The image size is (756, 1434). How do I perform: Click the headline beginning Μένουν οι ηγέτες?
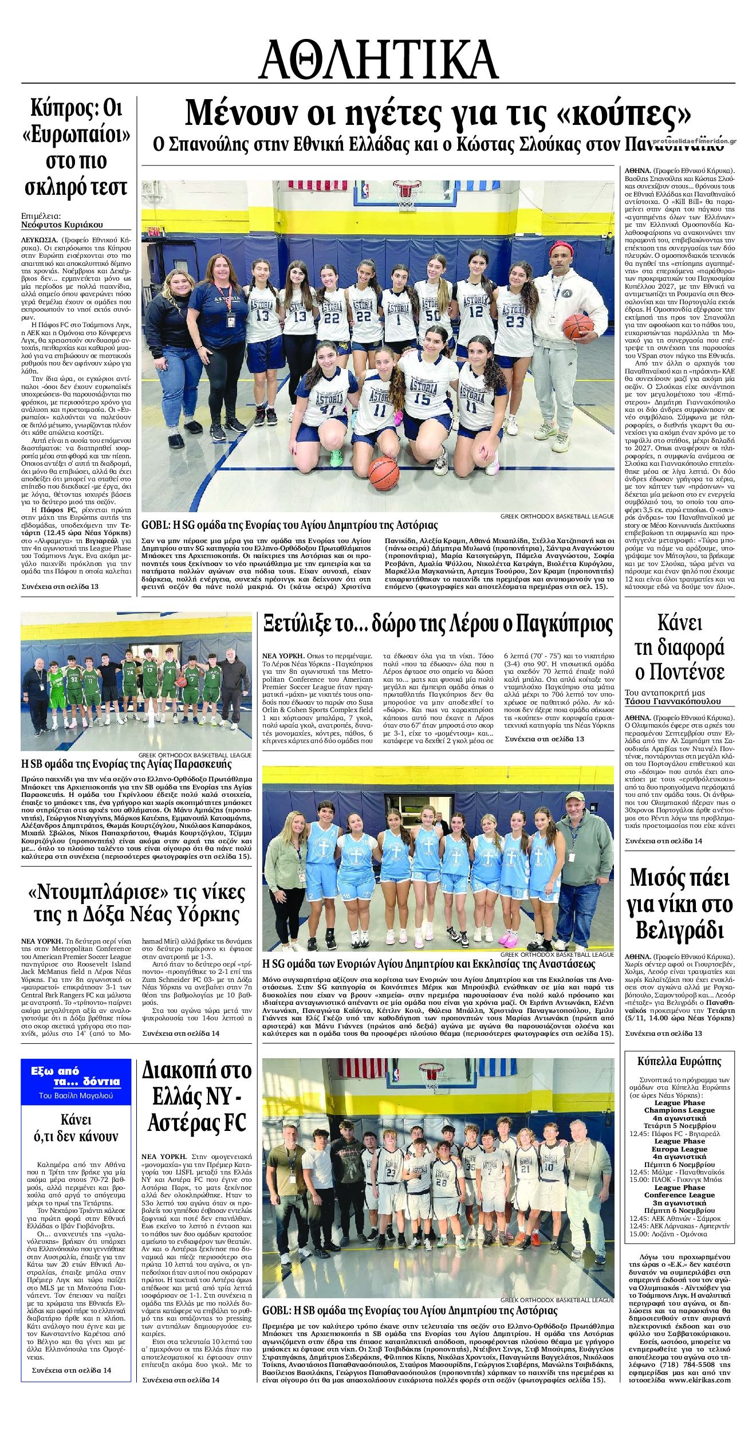tap(438, 113)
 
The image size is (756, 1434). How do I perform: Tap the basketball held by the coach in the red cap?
tap(576, 327)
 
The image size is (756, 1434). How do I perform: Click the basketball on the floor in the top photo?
tap(383, 473)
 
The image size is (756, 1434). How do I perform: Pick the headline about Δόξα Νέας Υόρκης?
tap(136, 902)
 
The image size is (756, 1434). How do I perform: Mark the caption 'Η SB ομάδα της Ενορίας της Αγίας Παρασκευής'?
tap(126, 764)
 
